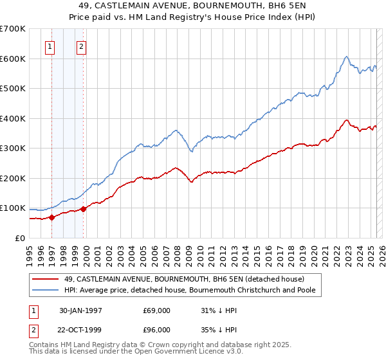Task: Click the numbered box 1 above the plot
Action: tap(50, 46)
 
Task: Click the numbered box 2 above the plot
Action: tap(82, 46)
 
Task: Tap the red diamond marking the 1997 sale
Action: tap(52, 217)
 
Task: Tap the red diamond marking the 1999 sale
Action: tap(83, 209)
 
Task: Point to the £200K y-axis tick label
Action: tap(14, 178)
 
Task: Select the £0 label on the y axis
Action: tap(21, 238)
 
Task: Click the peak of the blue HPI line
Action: tap(346, 57)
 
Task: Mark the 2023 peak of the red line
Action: tap(346, 120)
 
